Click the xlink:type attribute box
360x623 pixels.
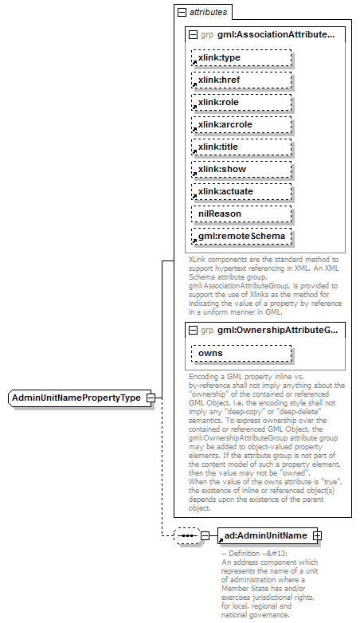click(241, 58)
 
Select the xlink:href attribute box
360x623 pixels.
click(241, 80)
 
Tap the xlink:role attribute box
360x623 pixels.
click(241, 103)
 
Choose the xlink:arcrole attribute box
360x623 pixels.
click(241, 125)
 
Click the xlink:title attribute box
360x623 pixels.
click(241, 147)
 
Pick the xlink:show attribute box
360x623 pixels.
click(241, 170)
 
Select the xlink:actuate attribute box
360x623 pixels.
click(241, 192)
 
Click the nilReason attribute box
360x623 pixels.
click(241, 214)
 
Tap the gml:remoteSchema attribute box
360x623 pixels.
click(241, 237)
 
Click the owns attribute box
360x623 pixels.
click(241, 353)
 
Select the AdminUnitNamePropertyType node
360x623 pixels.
click(76, 398)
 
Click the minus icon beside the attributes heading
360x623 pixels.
click(182, 13)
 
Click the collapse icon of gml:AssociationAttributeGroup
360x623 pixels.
click(193, 35)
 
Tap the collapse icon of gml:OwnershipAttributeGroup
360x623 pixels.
click(193, 330)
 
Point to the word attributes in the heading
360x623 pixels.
click(208, 13)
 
